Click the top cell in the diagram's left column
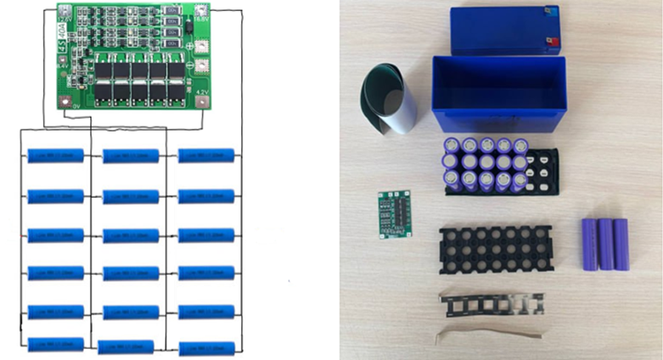click(x=56, y=155)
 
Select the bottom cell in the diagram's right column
click(x=206, y=348)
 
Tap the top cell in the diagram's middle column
click(x=131, y=155)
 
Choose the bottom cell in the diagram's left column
click(x=56, y=344)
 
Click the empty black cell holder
click(x=497, y=251)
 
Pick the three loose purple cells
click(x=605, y=244)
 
